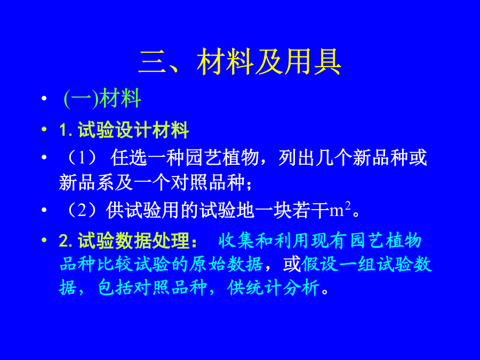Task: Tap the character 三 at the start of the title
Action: pos(153,62)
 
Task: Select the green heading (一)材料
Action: pos(102,98)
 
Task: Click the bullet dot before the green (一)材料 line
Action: pos(44,98)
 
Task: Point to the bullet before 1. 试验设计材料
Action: pos(44,129)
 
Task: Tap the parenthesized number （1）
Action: pos(82,158)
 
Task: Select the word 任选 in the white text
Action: pos(129,158)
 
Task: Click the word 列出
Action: pos(297,158)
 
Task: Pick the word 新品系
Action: pos(86,182)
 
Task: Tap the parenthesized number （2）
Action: pos(82,210)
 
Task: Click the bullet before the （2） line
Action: pos(44,210)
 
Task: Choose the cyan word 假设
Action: pos(320,264)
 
